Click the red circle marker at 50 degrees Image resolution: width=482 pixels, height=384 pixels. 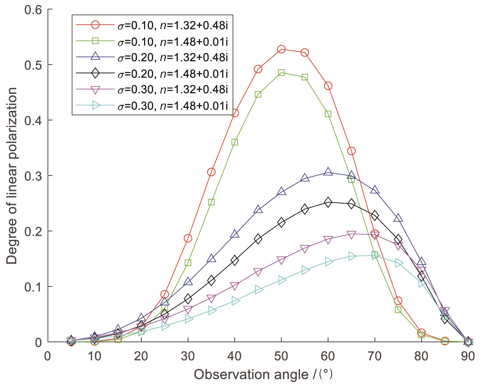tap(281, 49)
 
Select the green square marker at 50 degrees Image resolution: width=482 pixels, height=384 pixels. tap(281, 73)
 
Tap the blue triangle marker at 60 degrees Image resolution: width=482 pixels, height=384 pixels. tap(328, 172)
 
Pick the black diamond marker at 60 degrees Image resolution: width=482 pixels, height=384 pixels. tap(328, 202)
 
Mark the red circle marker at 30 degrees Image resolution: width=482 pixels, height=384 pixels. tap(188, 238)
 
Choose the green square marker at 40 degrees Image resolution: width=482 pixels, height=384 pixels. tap(235, 142)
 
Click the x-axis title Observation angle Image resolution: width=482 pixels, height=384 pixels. tap(264, 375)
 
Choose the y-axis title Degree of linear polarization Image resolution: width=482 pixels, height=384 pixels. tap(12, 176)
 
